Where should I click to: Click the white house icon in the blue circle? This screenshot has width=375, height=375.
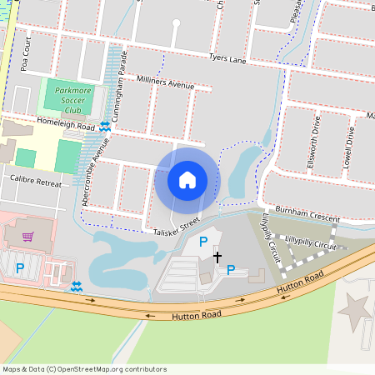click(187, 179)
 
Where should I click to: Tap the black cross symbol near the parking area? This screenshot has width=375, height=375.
click(217, 257)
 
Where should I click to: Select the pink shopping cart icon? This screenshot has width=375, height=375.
click(27, 237)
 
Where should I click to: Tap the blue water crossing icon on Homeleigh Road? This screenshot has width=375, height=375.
click(104, 126)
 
